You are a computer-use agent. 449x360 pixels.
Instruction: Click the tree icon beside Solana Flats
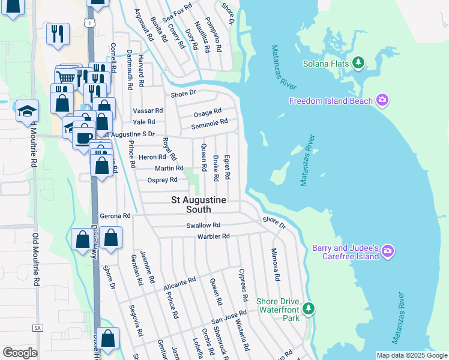click(358, 62)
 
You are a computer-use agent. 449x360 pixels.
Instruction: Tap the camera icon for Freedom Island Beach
click(382, 100)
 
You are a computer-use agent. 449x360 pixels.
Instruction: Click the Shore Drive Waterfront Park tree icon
click(309, 308)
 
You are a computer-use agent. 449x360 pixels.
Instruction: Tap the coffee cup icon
click(82, 137)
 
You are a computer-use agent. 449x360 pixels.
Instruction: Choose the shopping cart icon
click(66, 77)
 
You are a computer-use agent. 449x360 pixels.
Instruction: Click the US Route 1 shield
click(89, 23)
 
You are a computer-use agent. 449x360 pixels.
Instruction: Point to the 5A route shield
click(38, 328)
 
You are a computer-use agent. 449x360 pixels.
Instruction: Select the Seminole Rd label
click(209, 124)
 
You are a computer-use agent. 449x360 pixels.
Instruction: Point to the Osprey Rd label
click(162, 179)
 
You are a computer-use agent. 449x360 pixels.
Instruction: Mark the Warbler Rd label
click(214, 236)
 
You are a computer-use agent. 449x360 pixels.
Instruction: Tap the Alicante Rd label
click(180, 284)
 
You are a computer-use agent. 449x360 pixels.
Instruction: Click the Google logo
click(20, 353)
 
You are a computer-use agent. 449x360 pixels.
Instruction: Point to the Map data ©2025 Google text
click(412, 355)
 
